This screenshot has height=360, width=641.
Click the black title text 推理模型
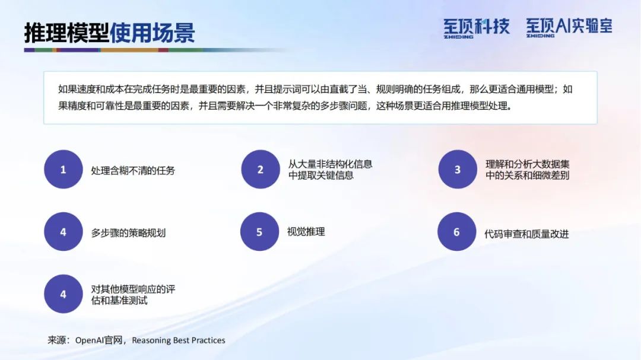coord(66,33)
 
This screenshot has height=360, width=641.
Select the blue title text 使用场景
coord(152,33)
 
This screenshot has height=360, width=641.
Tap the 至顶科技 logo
coord(477,28)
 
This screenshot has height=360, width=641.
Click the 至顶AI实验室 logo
coord(569,27)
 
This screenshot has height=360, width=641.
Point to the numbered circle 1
coord(64,169)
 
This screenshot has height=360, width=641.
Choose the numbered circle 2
coord(261,169)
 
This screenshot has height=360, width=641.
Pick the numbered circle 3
coord(458,169)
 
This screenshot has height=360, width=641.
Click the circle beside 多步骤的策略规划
coord(64,231)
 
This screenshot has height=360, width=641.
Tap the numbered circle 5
coord(259,231)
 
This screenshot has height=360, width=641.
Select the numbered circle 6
coord(456,231)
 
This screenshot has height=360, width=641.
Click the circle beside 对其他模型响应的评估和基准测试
coord(64,294)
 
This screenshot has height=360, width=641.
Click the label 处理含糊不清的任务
coord(133,170)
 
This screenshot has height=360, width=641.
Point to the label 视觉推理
coord(306,232)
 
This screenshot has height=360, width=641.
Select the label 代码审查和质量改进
coord(526,234)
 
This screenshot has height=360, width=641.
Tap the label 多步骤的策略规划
coord(128,233)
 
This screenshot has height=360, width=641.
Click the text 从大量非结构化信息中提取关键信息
coord(331,170)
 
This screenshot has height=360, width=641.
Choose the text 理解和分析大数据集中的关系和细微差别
coord(528,170)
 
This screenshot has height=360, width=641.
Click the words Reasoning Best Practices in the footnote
coord(179,340)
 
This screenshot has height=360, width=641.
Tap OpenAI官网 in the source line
coord(99,340)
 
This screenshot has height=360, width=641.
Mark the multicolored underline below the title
coord(156,50)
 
